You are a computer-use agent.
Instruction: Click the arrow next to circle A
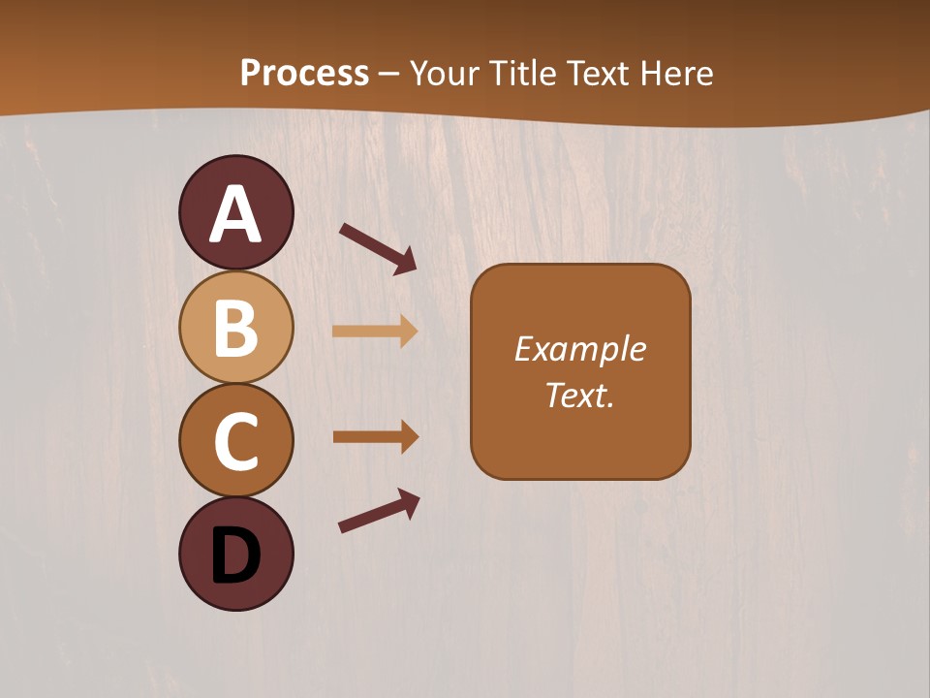378,246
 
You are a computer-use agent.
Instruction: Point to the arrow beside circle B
375,331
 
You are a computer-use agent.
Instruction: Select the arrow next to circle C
375,436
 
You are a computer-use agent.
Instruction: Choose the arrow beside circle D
379,511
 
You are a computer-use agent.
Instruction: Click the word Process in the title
304,73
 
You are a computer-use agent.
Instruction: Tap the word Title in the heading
521,73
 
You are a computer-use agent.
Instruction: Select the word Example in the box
579,348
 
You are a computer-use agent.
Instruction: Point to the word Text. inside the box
579,395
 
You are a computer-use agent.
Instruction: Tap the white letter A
235,215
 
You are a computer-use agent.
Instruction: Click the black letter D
235,556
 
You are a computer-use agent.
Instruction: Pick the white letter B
235,329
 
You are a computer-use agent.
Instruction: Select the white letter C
235,441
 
